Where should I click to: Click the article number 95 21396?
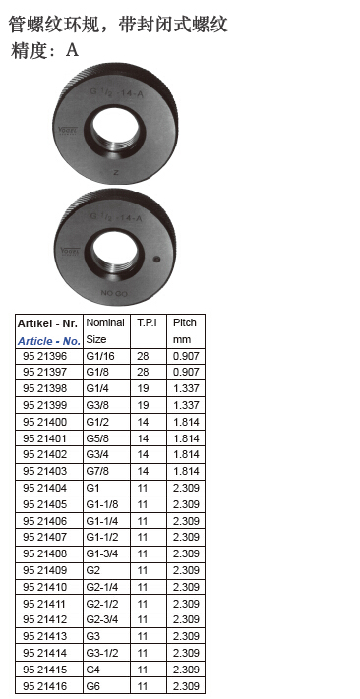(44, 356)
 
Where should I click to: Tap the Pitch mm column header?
(185, 330)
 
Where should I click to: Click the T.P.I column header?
(147, 322)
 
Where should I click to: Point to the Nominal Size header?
(105, 330)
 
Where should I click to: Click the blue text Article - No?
(49, 341)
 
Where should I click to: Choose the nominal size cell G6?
(92, 686)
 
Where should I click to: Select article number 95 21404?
(44, 488)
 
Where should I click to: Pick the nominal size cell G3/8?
(97, 405)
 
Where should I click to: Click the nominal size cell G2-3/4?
(102, 620)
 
